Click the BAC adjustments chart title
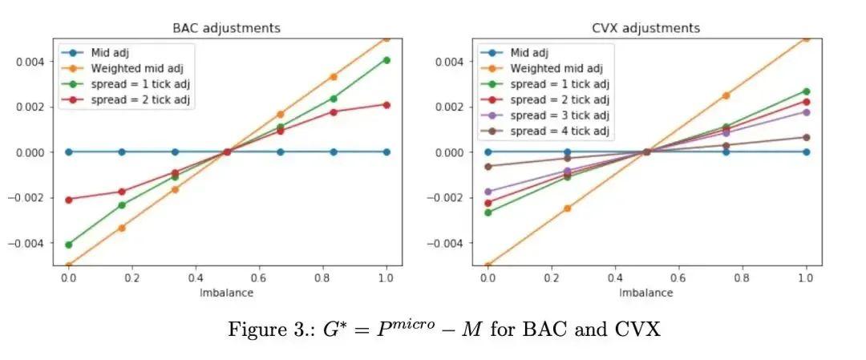click(x=227, y=28)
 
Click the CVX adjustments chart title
click(x=646, y=28)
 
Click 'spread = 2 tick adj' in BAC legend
click(x=140, y=99)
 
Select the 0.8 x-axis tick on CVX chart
click(x=742, y=277)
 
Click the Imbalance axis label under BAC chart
click(x=227, y=293)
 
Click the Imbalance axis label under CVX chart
click(x=646, y=293)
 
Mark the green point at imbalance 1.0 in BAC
click(x=386, y=60)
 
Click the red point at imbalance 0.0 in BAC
click(x=68, y=199)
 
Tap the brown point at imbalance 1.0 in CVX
click(x=806, y=137)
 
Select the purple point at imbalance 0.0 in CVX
click(x=488, y=192)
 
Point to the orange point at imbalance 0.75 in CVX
click(x=726, y=95)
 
